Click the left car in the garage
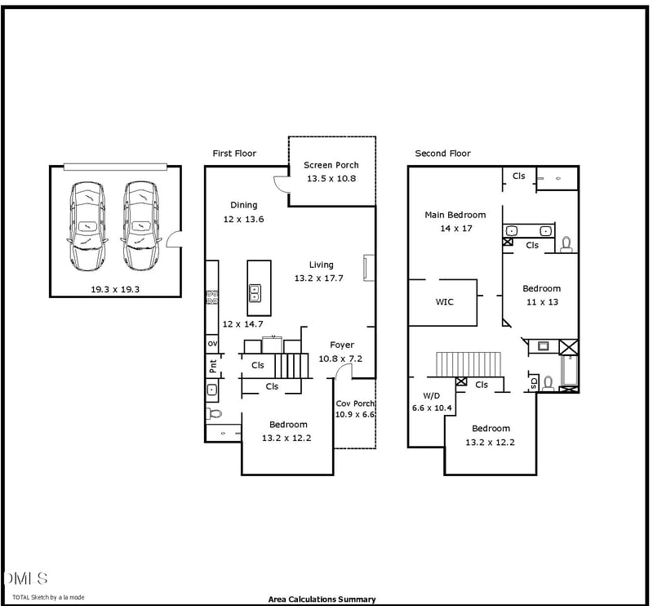(x=87, y=226)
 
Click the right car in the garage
(x=140, y=226)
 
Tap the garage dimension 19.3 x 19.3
(x=115, y=289)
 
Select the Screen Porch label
(x=331, y=165)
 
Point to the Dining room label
(x=243, y=205)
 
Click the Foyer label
(x=341, y=345)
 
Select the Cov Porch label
(x=355, y=403)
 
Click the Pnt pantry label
(x=212, y=366)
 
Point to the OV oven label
(x=211, y=344)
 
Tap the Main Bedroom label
(x=455, y=215)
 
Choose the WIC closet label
(x=444, y=301)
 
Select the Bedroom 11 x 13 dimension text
(x=541, y=301)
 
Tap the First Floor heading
(x=234, y=154)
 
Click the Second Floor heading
(x=442, y=154)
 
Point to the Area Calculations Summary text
(x=322, y=599)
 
